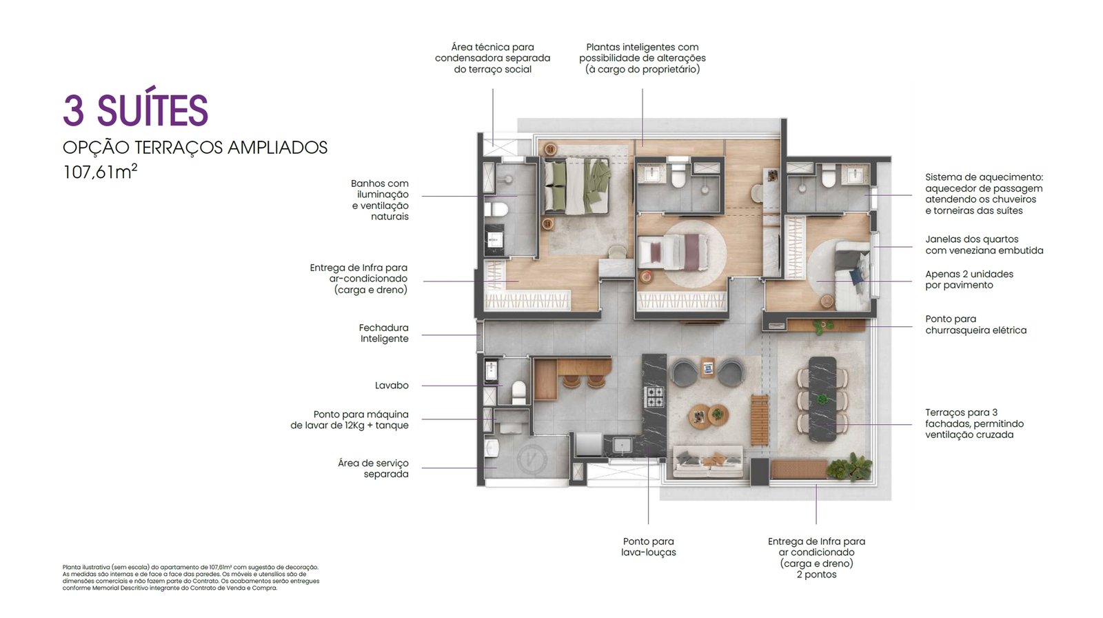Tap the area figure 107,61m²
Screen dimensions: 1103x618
100,172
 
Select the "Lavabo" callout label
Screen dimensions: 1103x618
392,386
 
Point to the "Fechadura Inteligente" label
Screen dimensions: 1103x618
383,333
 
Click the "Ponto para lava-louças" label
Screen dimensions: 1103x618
648,547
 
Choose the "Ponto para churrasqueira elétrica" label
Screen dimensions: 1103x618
975,325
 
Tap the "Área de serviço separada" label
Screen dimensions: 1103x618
373,469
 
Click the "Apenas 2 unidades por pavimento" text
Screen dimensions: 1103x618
969,279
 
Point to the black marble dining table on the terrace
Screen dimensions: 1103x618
822,399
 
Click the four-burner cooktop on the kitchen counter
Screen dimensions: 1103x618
654,397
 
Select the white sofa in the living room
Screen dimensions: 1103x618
708,461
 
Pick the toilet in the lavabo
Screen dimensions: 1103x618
519,392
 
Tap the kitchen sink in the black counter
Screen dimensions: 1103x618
623,446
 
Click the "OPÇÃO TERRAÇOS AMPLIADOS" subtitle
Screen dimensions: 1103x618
195,148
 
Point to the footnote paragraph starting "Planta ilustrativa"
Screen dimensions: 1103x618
191,577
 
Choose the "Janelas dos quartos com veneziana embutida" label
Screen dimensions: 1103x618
984,245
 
